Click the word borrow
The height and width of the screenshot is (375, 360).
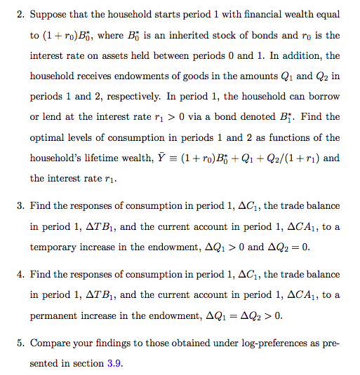coord(324,95)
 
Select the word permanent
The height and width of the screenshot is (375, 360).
coord(56,315)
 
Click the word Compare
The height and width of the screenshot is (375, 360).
coord(51,343)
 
